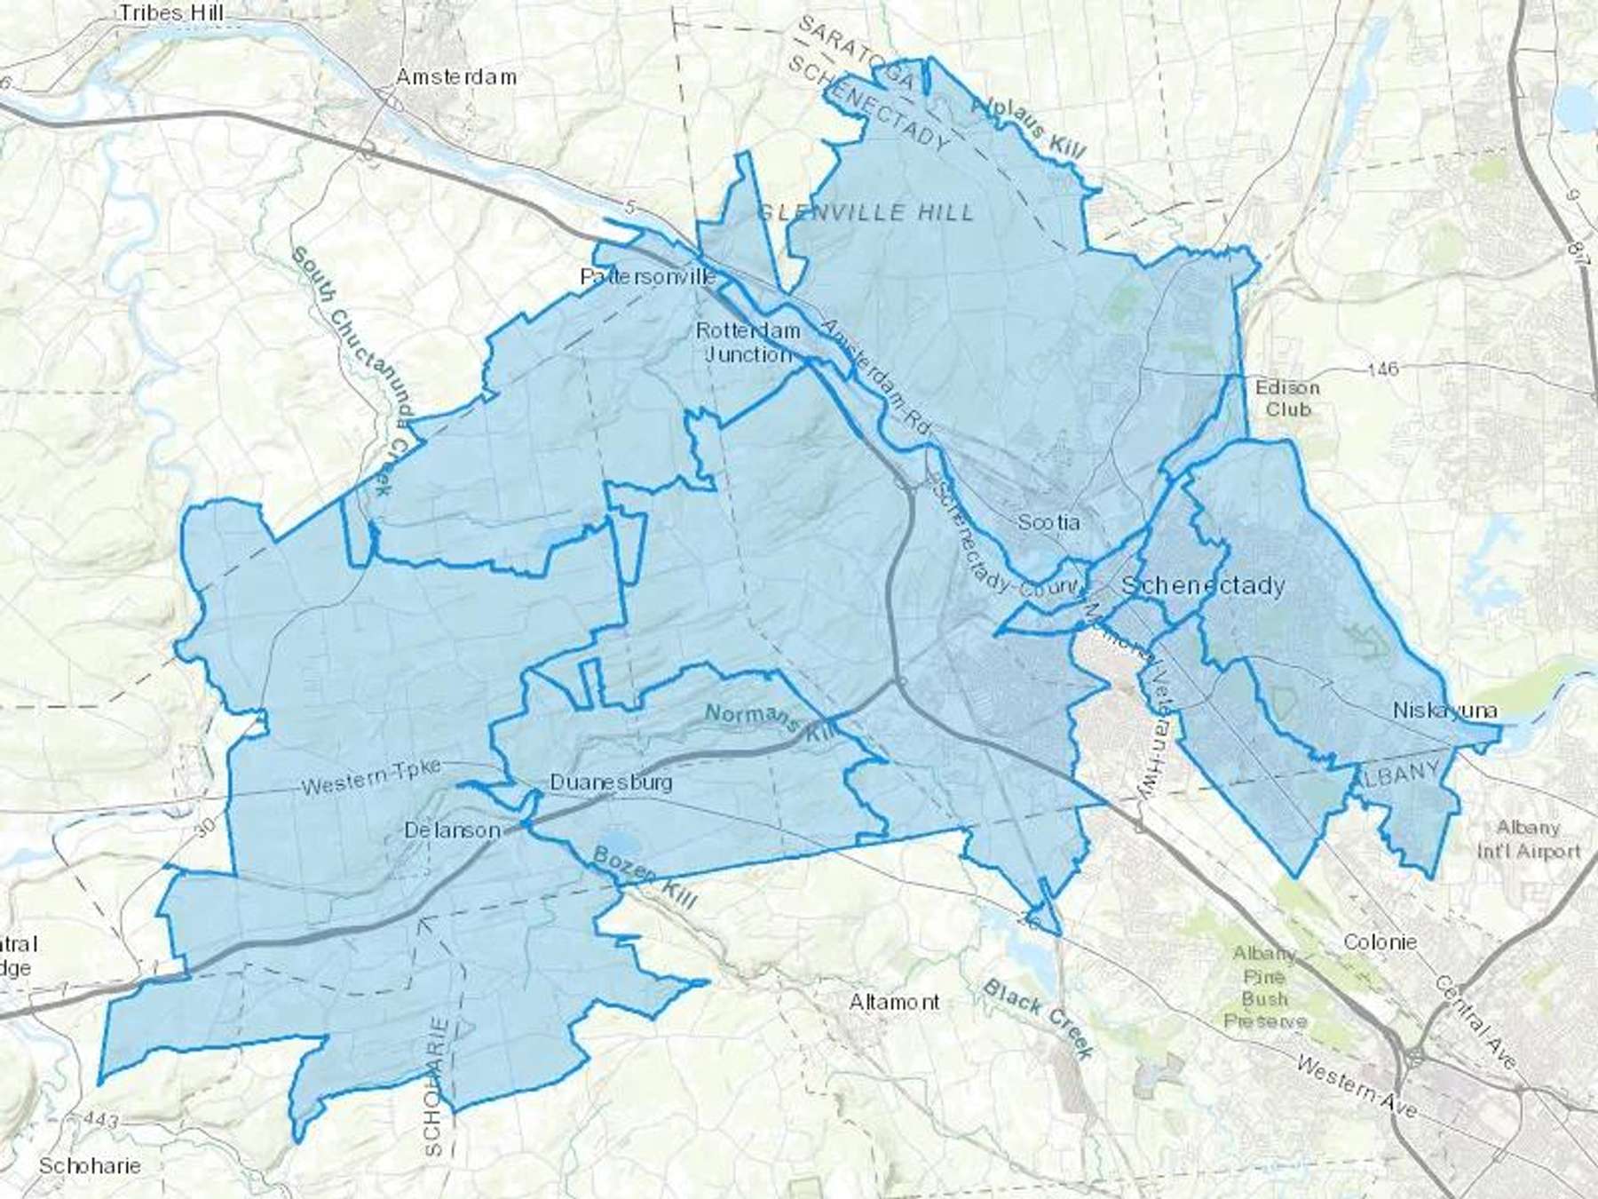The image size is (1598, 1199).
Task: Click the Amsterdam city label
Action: pyautogui.click(x=455, y=77)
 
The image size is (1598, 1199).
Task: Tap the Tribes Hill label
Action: pyautogui.click(x=171, y=13)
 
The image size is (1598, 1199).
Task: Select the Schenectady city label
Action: pyautogui.click(x=1203, y=585)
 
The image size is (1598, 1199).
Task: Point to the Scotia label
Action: pyautogui.click(x=1048, y=522)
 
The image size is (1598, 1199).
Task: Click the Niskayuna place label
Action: pyautogui.click(x=1444, y=711)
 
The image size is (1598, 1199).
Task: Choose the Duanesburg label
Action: pyautogui.click(x=611, y=782)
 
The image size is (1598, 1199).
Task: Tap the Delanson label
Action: pyautogui.click(x=452, y=830)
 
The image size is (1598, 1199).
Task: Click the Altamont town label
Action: pyautogui.click(x=894, y=1003)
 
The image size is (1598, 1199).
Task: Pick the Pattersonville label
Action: pyautogui.click(x=647, y=277)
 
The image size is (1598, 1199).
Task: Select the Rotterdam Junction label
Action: pyautogui.click(x=748, y=342)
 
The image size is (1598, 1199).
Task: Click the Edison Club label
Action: pyautogui.click(x=1287, y=399)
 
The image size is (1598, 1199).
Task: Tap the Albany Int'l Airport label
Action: pyautogui.click(x=1528, y=839)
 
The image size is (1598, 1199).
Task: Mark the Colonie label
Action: pyautogui.click(x=1380, y=942)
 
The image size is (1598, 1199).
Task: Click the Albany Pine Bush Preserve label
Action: pyautogui.click(x=1265, y=988)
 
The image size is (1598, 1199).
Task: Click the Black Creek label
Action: pyautogui.click(x=1038, y=1020)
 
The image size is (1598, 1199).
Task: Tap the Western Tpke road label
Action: pyautogui.click(x=371, y=779)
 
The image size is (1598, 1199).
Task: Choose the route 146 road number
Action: pyautogui.click(x=1382, y=368)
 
